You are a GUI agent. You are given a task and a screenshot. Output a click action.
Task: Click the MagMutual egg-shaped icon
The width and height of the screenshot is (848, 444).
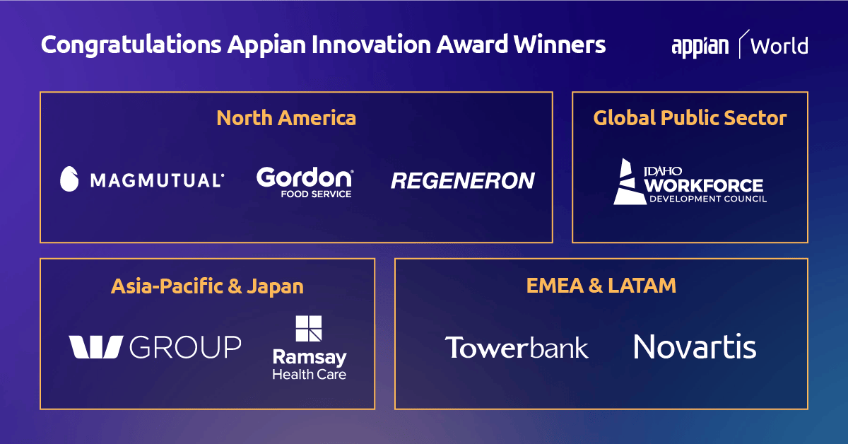coord(69,180)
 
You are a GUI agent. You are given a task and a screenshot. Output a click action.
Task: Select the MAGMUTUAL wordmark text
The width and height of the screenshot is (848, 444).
coord(157,180)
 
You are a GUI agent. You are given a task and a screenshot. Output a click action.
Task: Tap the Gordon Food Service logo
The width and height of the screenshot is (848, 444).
coord(304,182)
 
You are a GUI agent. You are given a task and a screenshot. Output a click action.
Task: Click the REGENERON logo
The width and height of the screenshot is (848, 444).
coord(463,181)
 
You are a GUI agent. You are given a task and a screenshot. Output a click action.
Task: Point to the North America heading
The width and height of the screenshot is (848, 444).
coord(286,117)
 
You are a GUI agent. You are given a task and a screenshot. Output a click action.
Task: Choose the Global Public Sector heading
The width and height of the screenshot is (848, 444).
coord(690,117)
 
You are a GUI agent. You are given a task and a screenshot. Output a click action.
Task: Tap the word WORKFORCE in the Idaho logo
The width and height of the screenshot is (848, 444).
coord(704,186)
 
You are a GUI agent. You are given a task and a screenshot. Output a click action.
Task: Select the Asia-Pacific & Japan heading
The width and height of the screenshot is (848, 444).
coord(207,286)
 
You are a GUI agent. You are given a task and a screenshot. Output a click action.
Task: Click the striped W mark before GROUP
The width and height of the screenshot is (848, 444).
coord(96,347)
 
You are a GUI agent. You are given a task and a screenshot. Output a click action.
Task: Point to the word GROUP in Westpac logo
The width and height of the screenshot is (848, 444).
coord(186,347)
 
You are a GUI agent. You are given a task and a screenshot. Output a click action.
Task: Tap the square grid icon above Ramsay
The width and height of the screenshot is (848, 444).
coord(309,329)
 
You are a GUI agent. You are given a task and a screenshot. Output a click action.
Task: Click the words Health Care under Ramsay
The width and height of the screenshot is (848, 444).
coord(310,374)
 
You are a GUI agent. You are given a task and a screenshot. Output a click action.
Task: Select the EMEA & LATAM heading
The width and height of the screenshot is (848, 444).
coord(601,285)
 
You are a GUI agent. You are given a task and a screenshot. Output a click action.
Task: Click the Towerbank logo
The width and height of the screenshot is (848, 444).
coord(517,347)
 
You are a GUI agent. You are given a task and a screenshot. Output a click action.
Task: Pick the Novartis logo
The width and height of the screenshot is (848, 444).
coord(695,347)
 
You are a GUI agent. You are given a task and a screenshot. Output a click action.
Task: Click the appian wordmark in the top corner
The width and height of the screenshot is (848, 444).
coord(700,46)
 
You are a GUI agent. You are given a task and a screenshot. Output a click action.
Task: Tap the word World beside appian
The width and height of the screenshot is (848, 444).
coord(779,47)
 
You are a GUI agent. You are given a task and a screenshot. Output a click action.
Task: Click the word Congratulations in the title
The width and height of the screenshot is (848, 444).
coord(131,45)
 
